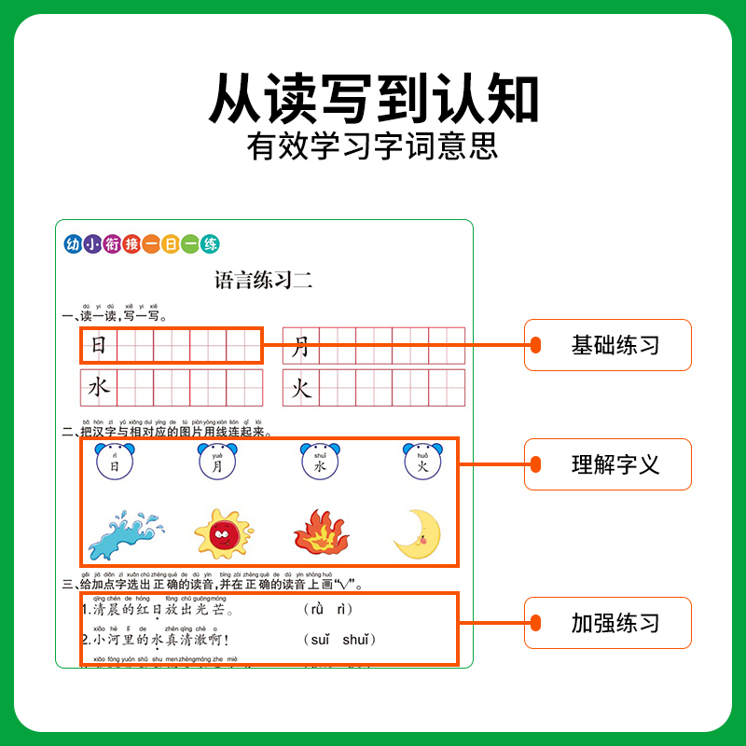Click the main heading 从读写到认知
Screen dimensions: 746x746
pos(373,97)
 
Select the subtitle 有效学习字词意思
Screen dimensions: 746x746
pos(373,147)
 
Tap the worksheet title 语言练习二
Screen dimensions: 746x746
pos(264,280)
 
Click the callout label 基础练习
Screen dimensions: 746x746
pos(615,345)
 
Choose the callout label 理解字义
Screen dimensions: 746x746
pos(615,463)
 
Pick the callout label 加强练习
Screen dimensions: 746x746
pos(615,623)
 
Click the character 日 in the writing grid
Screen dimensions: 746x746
pos(99,346)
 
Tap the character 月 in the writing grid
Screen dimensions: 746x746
pos(300,347)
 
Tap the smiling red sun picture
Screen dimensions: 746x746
pos(224,534)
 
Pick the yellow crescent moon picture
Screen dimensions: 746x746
pos(417,534)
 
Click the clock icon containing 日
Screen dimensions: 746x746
pos(115,462)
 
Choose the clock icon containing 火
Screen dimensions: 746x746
pos(422,462)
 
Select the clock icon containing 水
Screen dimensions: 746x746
pos(320,462)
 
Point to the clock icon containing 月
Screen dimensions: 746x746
pos(217,462)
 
